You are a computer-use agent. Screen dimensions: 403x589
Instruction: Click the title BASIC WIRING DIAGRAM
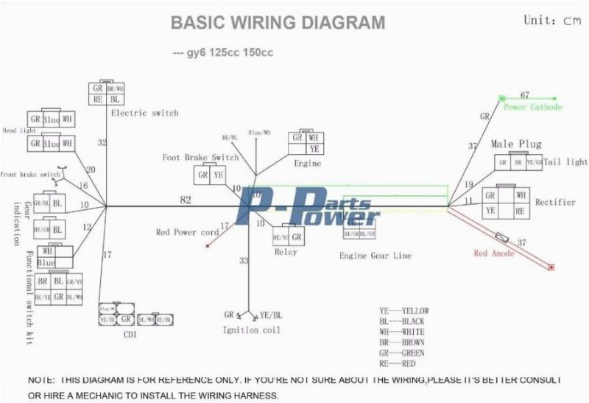278,23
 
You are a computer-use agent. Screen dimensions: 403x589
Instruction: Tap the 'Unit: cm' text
552,21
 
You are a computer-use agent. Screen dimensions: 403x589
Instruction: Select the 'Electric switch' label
144,113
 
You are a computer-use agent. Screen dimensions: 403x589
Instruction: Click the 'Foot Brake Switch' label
200,158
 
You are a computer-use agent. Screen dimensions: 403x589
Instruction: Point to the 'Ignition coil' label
251,330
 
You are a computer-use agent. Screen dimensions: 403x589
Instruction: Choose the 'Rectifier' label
555,202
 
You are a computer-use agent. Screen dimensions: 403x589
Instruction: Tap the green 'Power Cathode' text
532,108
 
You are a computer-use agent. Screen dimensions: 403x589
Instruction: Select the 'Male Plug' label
520,144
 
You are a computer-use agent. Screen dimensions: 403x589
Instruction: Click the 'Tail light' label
566,162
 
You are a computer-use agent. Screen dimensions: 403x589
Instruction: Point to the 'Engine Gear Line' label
375,256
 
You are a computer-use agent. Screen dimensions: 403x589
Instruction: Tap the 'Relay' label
286,251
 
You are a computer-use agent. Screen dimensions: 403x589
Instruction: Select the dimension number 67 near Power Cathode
525,95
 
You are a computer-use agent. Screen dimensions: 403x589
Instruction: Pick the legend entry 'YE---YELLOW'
403,311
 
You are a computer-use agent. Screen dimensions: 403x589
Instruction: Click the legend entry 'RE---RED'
398,363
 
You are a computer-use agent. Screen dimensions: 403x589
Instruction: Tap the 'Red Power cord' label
187,232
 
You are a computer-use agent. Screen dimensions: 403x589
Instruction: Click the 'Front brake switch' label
29,174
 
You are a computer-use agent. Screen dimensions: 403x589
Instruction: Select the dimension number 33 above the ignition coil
243,261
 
